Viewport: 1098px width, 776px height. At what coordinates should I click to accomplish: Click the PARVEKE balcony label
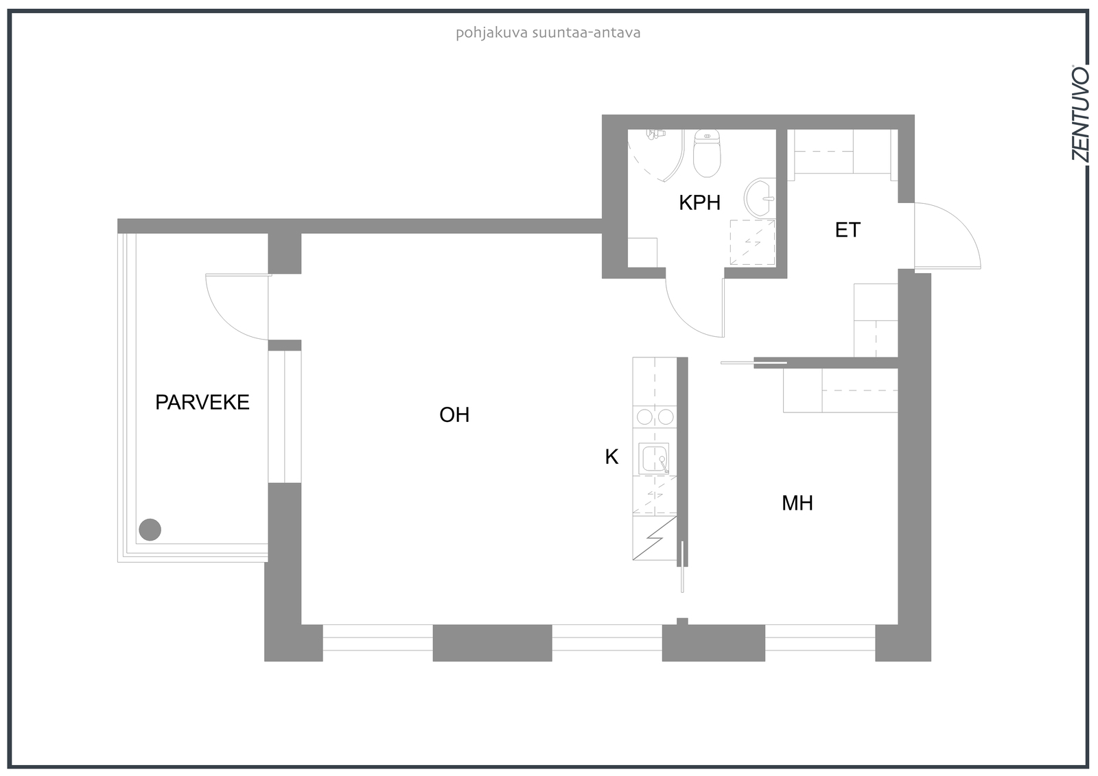click(202, 403)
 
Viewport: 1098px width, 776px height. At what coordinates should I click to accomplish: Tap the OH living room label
click(454, 414)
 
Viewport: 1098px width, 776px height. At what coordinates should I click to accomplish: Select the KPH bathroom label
click(699, 202)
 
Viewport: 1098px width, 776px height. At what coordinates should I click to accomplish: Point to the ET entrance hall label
click(848, 230)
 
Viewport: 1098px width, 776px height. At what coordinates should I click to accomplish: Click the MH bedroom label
click(797, 503)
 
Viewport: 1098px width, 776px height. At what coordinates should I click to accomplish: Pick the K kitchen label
click(611, 457)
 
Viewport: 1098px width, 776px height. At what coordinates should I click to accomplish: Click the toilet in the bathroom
click(707, 153)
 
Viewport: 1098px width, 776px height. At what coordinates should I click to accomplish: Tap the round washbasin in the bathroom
click(760, 198)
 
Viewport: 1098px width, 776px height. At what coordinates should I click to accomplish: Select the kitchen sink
click(654, 458)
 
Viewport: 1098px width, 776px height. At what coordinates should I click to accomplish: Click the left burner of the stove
click(644, 417)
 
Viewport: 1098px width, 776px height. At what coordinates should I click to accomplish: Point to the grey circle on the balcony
click(150, 530)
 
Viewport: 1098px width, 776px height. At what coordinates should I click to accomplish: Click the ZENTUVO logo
click(1080, 119)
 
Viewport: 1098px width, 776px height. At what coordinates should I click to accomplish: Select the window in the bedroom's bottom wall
click(820, 637)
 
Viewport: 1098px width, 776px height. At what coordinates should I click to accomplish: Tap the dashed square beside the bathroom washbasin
click(752, 243)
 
